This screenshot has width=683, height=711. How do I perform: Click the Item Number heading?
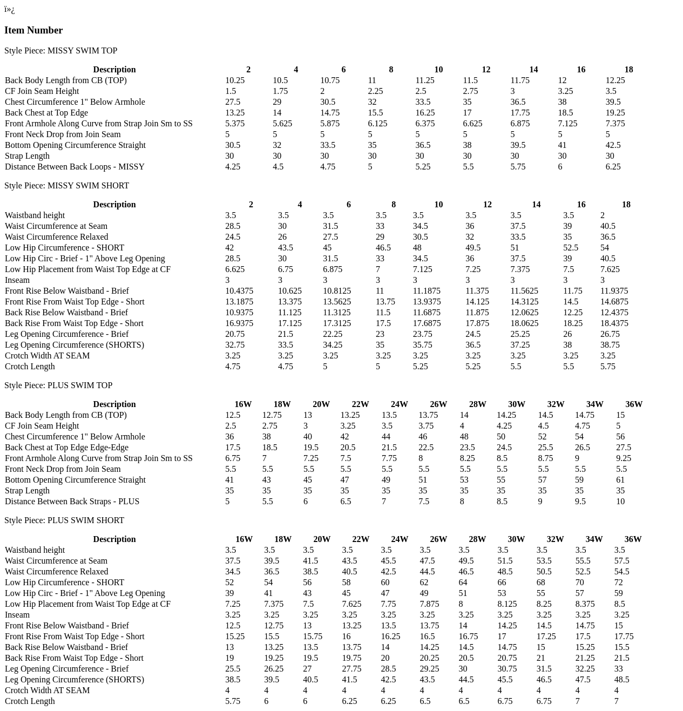pyautogui.click(x=33, y=30)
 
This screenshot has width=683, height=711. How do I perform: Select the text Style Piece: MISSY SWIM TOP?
pyautogui.click(x=60, y=51)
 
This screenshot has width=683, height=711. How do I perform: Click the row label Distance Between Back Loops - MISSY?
pyautogui.click(x=75, y=167)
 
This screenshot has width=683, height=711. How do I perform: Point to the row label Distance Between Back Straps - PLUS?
pyautogui.click(x=72, y=502)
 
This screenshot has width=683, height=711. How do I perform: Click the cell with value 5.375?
pyautogui.click(x=235, y=124)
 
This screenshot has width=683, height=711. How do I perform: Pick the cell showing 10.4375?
pyautogui.click(x=239, y=291)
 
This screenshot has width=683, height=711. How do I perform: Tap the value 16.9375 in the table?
pyautogui.click(x=239, y=323)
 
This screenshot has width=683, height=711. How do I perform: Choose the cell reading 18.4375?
pyautogui.click(x=614, y=323)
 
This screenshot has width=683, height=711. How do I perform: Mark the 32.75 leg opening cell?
pyautogui.click(x=235, y=345)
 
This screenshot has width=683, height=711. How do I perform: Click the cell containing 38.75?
pyautogui.click(x=610, y=345)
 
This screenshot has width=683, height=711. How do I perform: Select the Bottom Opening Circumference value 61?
pyautogui.click(x=620, y=480)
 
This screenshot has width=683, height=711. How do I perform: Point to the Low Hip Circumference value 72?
pyautogui.click(x=619, y=583)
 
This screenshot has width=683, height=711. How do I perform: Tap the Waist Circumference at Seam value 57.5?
pyautogui.click(x=622, y=561)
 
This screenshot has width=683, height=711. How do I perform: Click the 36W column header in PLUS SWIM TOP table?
pyautogui.click(x=634, y=404)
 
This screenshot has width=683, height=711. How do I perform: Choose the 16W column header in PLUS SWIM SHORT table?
pyautogui.click(x=244, y=539)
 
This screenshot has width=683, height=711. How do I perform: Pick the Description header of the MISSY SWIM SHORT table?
pyautogui.click(x=114, y=205)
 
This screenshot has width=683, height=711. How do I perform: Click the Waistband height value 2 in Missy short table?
pyautogui.click(x=603, y=215)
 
